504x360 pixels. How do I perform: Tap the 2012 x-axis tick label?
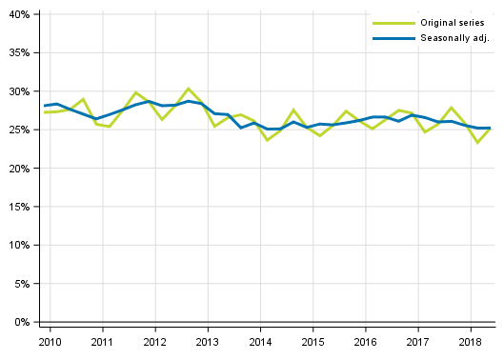[154, 341]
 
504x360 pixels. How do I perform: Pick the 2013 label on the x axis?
[207, 341]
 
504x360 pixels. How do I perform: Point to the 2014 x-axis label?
[260, 341]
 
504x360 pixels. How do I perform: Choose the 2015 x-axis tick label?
[312, 341]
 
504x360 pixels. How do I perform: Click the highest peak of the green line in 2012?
[189, 89]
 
